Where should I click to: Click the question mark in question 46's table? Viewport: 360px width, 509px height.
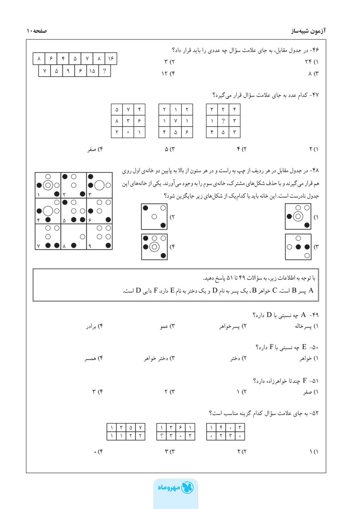tap(104, 70)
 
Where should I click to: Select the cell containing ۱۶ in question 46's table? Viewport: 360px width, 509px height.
tap(111, 59)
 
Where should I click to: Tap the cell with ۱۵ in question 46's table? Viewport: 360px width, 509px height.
tap(92, 70)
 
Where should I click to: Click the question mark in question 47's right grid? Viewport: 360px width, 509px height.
tap(223, 120)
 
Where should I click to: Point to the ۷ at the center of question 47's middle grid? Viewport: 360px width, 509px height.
tap(176, 120)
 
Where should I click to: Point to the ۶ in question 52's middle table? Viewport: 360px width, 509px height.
tap(181, 427)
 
